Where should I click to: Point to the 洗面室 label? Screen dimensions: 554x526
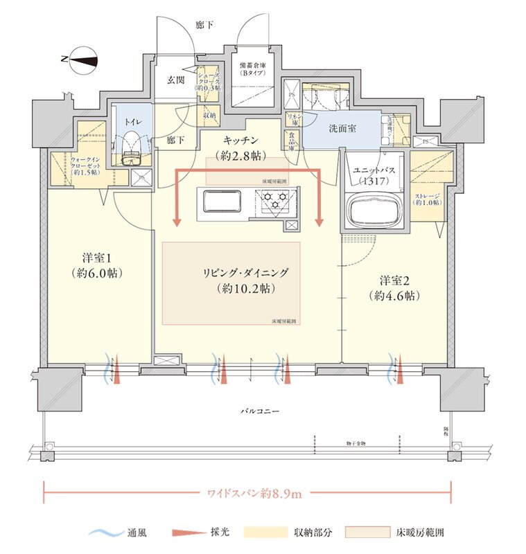click(x=342, y=129)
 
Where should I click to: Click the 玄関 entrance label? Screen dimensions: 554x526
click(x=175, y=80)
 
